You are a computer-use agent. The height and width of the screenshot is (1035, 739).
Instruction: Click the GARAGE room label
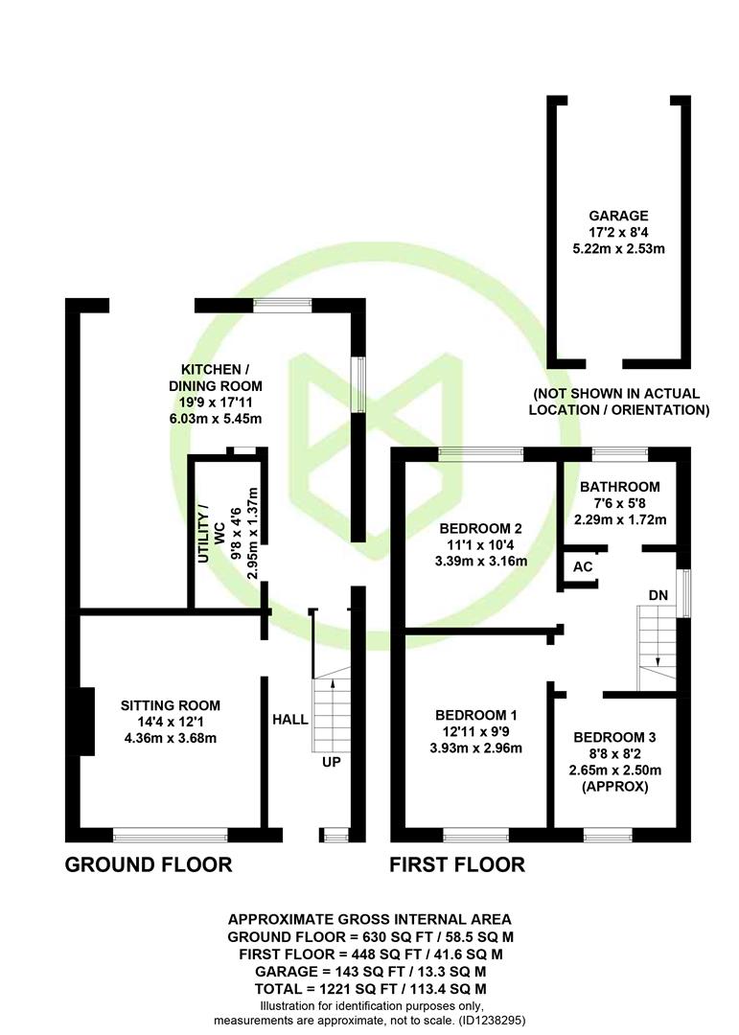click(x=618, y=216)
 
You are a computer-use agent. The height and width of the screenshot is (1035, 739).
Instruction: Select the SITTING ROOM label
click(x=171, y=705)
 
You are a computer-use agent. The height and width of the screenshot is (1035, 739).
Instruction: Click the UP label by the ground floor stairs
click(x=331, y=762)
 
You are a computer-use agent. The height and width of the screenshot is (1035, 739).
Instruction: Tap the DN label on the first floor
click(x=658, y=595)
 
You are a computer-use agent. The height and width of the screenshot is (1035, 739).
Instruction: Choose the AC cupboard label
click(x=583, y=566)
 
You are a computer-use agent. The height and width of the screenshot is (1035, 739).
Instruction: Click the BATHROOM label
click(x=620, y=487)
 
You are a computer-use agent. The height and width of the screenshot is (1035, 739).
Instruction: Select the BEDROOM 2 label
click(x=480, y=528)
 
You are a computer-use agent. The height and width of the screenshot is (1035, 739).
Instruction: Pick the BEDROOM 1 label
click(x=476, y=715)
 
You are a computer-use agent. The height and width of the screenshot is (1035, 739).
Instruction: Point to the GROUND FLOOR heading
click(x=149, y=865)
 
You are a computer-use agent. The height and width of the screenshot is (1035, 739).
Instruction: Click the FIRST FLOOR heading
click(x=457, y=865)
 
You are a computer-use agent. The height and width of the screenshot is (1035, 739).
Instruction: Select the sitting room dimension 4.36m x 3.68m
click(x=171, y=738)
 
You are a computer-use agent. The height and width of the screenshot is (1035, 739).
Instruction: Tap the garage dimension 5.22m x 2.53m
click(x=618, y=249)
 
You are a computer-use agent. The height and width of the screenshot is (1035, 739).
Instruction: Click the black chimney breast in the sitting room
click(x=85, y=720)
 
